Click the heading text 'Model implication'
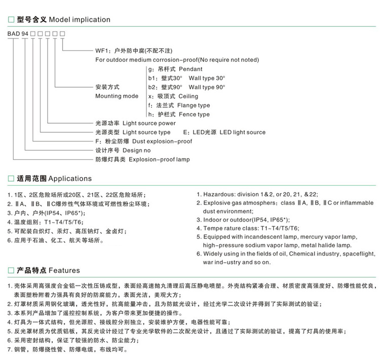(79, 20)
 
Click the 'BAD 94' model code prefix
(17, 33)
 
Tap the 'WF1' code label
(102, 51)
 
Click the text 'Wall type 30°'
(207, 78)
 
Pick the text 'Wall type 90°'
(207, 87)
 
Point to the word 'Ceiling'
(188, 96)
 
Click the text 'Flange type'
(194, 105)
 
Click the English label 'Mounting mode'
(117, 96)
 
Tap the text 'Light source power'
(149, 123)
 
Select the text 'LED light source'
(242, 132)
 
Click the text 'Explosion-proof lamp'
(159, 160)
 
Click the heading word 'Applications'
(70, 178)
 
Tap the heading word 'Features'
(64, 271)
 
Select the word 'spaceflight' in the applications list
(357, 254)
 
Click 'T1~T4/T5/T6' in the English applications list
(274, 228)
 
